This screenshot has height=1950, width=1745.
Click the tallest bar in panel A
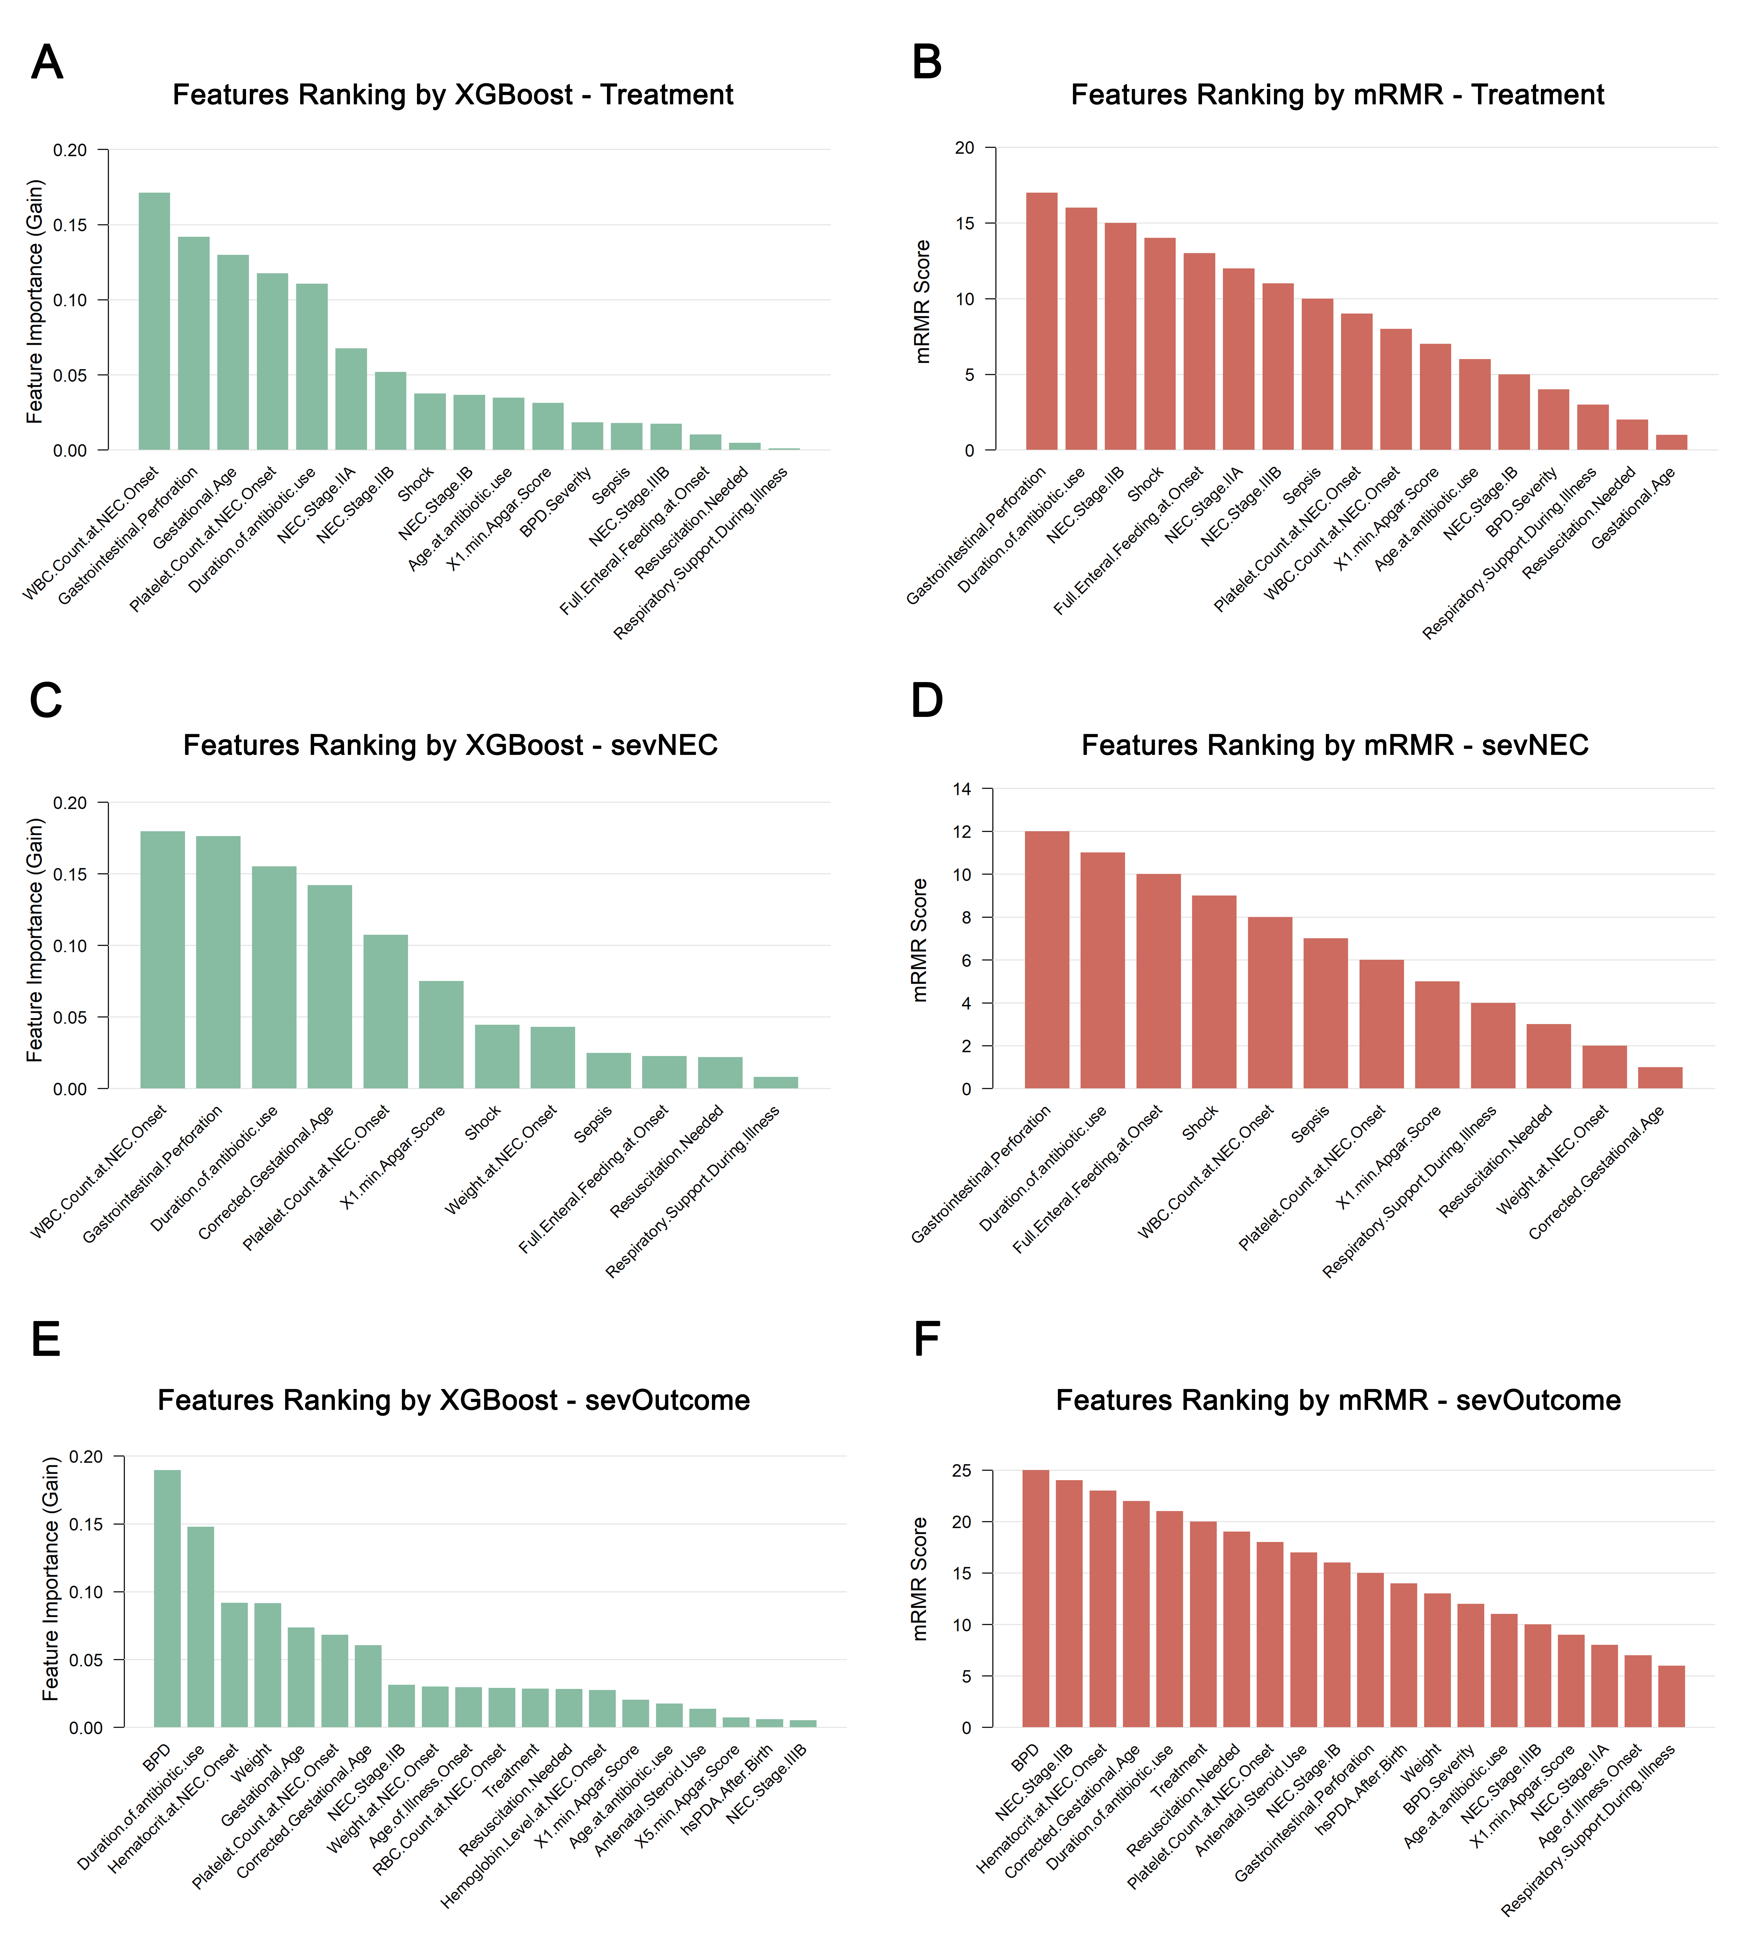(154, 321)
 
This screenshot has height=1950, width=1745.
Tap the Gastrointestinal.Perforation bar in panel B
(1041, 321)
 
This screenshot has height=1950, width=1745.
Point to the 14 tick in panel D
(962, 789)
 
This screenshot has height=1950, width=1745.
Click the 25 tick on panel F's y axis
(962, 1471)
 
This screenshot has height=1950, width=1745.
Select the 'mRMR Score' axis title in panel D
(920, 939)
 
